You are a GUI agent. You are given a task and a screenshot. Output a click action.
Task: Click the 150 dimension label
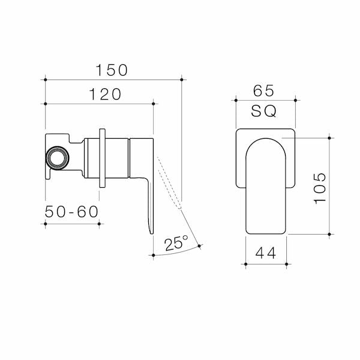112,70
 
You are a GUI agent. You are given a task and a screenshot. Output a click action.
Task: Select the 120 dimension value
105,94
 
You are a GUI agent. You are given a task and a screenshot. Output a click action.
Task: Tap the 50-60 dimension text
71,212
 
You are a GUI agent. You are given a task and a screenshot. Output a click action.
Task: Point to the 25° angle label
176,243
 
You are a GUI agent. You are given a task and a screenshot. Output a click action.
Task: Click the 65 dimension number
263,91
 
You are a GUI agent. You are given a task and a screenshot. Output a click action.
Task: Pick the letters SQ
264,111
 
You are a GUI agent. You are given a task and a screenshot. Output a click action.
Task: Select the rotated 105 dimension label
320,188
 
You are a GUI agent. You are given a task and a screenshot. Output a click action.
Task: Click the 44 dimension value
266,253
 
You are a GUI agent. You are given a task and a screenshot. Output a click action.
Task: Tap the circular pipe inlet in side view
57,158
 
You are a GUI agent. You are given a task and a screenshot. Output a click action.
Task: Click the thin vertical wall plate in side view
103,158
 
